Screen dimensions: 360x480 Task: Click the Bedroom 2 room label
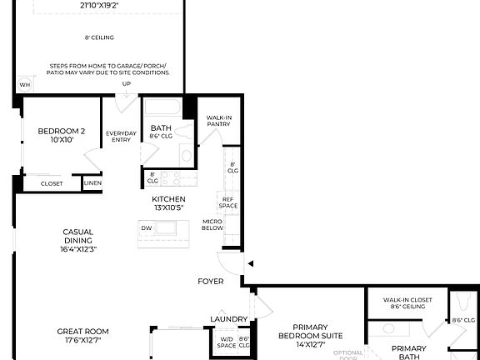coord(61,135)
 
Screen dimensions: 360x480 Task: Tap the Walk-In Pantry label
coord(218,122)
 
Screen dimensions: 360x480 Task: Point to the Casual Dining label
coord(78,240)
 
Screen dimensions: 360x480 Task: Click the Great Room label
coord(82,336)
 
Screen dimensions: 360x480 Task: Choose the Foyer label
coord(210,282)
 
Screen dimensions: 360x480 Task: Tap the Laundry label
coord(229,319)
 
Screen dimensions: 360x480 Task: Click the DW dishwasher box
coord(146,227)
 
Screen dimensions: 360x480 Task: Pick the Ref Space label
coord(227,202)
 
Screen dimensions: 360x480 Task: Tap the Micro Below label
coord(212,225)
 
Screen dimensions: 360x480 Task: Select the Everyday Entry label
coord(121,137)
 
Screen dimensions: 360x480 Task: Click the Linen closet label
coord(92,183)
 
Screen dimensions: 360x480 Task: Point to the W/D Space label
coord(227,342)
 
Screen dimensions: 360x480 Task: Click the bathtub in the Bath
coord(162,108)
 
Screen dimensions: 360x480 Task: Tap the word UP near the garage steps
coord(127,84)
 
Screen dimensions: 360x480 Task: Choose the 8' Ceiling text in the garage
coord(99,37)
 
